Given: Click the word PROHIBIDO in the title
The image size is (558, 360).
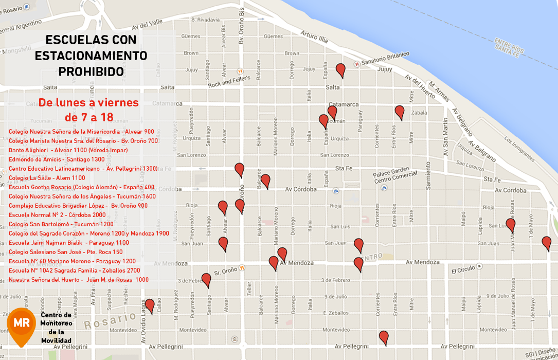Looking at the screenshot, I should pyautogui.click(x=91, y=71).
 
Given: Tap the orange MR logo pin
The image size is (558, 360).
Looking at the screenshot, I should pyautogui.click(x=21, y=324).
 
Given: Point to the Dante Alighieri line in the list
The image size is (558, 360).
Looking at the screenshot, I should pyautogui.click(x=68, y=150).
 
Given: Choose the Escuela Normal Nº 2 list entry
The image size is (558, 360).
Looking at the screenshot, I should pyautogui.click(x=57, y=215).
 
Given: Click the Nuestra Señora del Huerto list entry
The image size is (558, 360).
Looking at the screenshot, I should pyautogui.click(x=79, y=280).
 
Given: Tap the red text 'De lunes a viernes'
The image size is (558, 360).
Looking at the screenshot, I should pyautogui.click(x=88, y=102).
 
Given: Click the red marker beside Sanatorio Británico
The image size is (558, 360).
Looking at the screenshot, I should pyautogui.click(x=340, y=69).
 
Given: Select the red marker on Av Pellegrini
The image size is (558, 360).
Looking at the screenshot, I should pyautogui.click(x=384, y=337).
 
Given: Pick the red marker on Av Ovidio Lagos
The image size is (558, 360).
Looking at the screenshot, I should pyautogui.click(x=150, y=305).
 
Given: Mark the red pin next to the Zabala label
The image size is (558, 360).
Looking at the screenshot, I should pyautogui.click(x=400, y=112).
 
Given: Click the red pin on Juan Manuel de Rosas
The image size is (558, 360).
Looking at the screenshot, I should pyautogui.click(x=510, y=224).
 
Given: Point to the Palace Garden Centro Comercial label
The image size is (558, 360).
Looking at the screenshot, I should pyautogui.click(x=391, y=173).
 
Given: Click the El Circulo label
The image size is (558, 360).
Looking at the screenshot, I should pyautogui.click(x=463, y=271).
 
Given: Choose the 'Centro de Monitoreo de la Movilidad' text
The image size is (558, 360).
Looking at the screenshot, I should pyautogui.click(x=56, y=328).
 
